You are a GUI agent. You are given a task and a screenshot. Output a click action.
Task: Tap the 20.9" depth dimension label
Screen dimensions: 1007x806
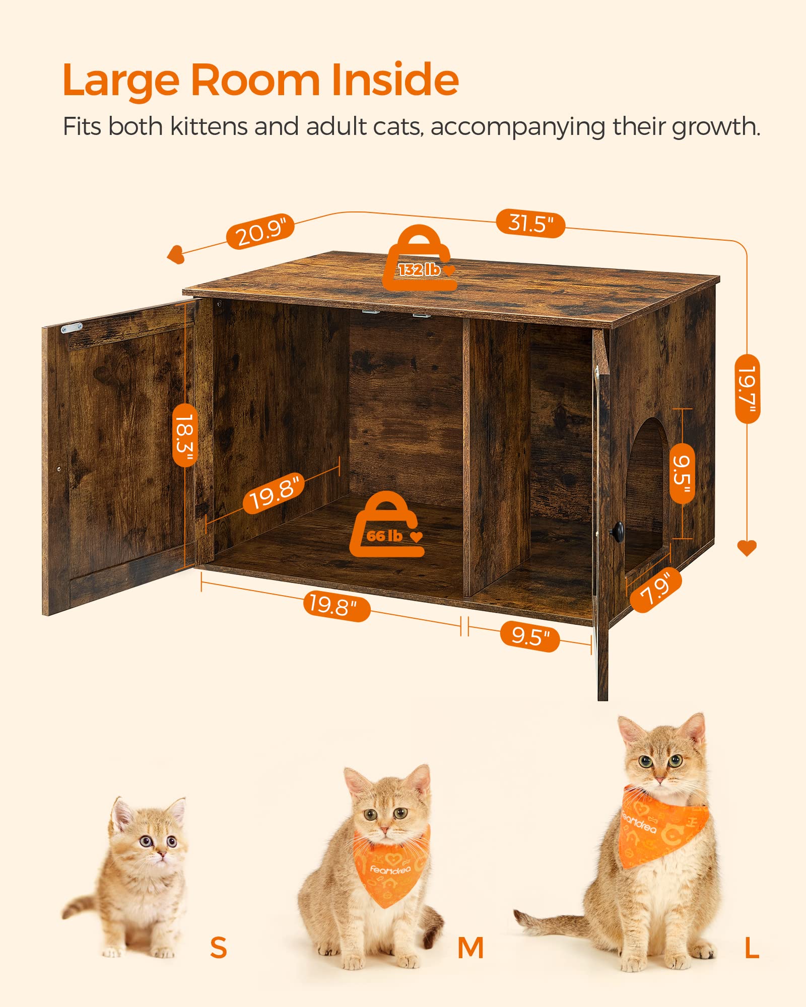click(x=259, y=231)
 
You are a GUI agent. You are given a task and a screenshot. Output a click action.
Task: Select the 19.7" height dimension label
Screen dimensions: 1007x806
click(x=747, y=388)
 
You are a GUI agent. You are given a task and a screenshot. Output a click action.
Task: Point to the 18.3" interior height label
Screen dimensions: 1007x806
click(x=185, y=435)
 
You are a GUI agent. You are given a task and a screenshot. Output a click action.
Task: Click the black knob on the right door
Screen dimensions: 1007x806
click(x=617, y=530)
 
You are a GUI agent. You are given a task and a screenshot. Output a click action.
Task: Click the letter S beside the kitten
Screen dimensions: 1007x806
click(x=218, y=948)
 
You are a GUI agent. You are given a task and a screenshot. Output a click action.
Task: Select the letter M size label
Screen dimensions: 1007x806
click(x=471, y=948)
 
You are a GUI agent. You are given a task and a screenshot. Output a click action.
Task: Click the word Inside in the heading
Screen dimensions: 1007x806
click(x=395, y=81)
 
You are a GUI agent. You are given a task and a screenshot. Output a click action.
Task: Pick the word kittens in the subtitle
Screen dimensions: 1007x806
click(x=209, y=126)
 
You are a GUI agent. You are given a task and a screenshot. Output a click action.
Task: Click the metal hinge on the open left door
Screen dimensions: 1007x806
click(x=72, y=328)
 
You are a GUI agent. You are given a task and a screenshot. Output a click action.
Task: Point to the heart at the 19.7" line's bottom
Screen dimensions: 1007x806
click(x=747, y=548)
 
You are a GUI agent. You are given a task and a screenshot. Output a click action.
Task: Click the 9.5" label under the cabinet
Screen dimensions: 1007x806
click(x=529, y=636)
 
